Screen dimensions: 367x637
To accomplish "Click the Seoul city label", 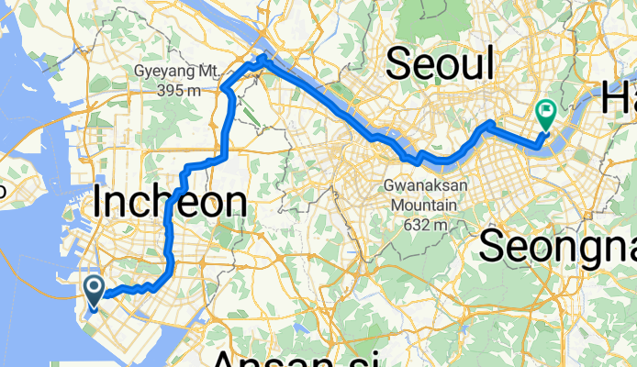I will [x=440, y=63].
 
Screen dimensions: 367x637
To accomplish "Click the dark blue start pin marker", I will [x=95, y=291].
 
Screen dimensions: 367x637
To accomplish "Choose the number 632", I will [x=412, y=223].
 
